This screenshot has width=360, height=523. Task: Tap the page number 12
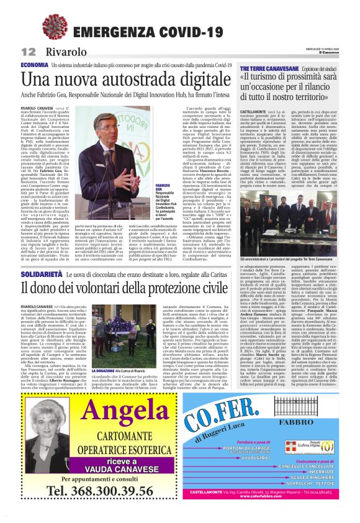coord(26,52)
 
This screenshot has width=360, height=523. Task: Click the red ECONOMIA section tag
coord(34,65)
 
